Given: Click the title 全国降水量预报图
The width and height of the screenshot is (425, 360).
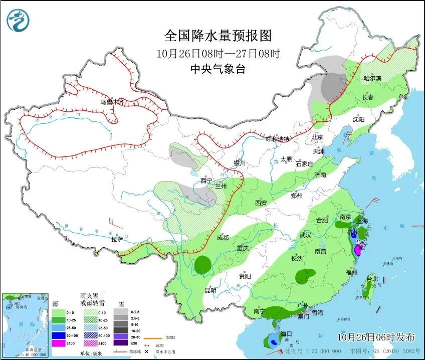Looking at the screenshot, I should (218, 36).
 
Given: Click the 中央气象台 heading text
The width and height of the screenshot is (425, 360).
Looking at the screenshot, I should (218, 70).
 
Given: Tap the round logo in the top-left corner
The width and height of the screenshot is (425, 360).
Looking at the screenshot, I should (18, 21).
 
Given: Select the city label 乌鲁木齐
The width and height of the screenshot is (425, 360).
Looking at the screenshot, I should (111, 102).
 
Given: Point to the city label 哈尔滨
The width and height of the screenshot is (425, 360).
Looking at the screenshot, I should (372, 78).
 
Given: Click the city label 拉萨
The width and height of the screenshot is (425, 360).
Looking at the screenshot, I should (117, 240).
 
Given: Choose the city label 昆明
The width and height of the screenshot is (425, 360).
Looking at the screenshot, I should (210, 290).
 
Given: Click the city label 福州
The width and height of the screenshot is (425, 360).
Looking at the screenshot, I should (351, 272).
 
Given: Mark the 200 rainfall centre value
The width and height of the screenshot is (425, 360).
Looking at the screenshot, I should (359, 243).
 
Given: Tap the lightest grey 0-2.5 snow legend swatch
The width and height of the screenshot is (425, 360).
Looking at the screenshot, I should (120, 311).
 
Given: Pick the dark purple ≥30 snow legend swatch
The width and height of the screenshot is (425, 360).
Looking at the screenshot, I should (120, 343).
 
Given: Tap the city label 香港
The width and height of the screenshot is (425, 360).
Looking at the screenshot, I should (318, 313).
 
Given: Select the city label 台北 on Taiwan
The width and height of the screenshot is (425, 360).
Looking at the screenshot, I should (372, 279).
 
